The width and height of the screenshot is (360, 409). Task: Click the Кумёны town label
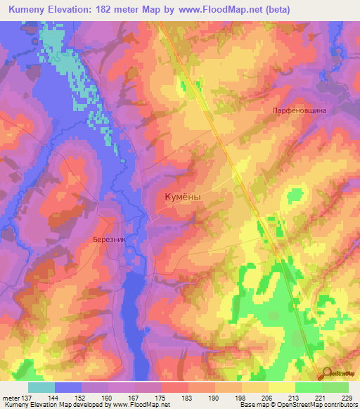(x=182, y=198)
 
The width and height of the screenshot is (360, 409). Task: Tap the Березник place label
(x=109, y=239)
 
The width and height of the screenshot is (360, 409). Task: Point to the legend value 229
(x=347, y=398)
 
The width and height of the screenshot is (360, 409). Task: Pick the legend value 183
(x=187, y=398)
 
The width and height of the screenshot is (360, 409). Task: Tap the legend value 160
(x=107, y=398)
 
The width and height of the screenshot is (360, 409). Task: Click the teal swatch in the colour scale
(x=41, y=387)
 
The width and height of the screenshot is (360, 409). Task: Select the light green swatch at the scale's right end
(x=335, y=387)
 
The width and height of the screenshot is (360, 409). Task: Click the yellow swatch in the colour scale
(x=282, y=387)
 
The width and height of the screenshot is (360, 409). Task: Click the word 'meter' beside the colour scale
(x=8, y=398)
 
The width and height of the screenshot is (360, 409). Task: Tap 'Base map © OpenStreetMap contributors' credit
(x=297, y=405)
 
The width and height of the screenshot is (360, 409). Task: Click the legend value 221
(x=321, y=398)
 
